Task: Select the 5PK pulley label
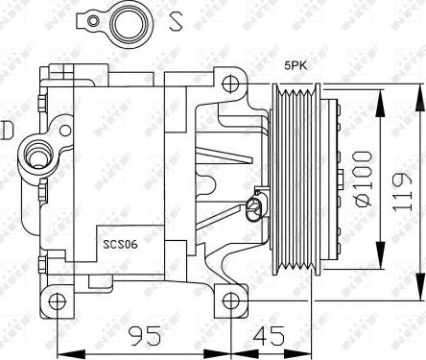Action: pos(295,65)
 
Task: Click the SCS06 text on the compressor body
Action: pos(121,245)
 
